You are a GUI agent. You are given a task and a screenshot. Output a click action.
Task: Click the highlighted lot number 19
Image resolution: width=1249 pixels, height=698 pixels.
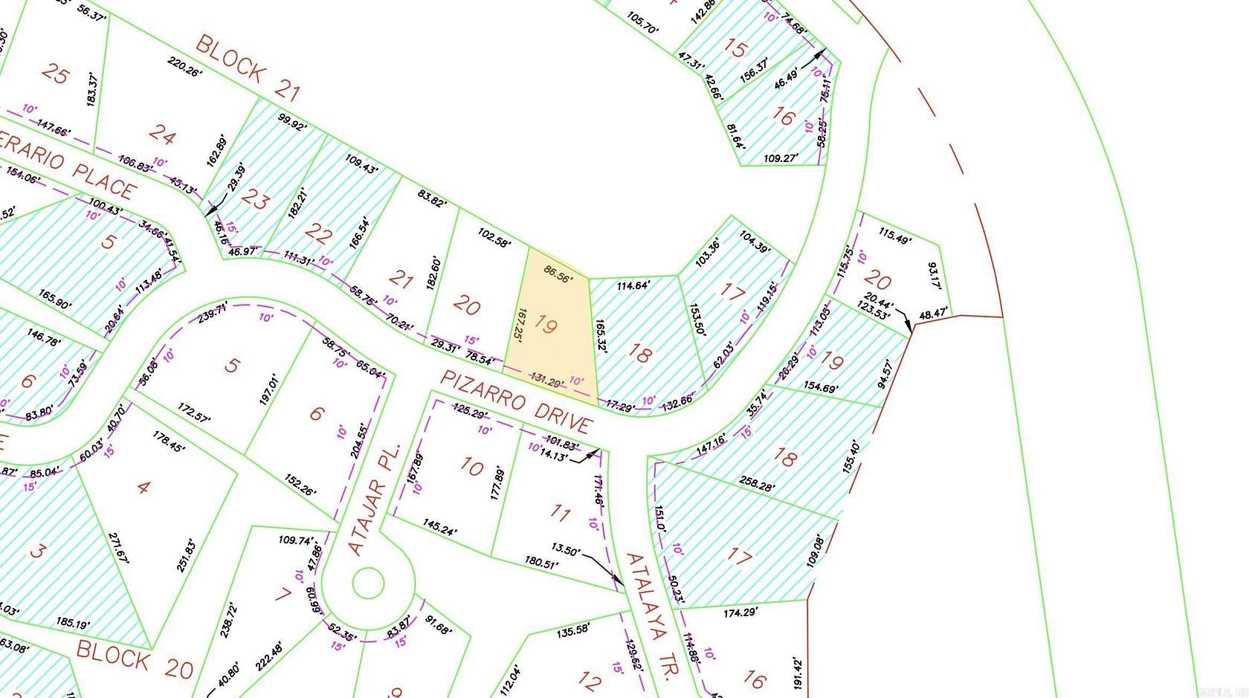pyautogui.click(x=546, y=325)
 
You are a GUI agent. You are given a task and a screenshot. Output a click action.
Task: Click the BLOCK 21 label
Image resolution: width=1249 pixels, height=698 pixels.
pyautogui.click(x=248, y=68)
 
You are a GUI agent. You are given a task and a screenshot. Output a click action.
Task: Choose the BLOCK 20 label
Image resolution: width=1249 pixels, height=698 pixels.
pyautogui.click(x=135, y=659)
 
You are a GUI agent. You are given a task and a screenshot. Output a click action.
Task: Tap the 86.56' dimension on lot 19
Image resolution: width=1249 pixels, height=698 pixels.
pyautogui.click(x=558, y=274)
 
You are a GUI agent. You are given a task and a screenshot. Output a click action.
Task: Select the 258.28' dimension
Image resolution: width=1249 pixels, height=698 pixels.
pyautogui.click(x=757, y=484)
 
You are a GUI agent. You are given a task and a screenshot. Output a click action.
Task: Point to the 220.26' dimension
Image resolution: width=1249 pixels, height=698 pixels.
pyautogui.click(x=184, y=67)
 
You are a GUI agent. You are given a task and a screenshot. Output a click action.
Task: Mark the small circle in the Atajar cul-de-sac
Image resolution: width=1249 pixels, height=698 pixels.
pyautogui.click(x=368, y=584)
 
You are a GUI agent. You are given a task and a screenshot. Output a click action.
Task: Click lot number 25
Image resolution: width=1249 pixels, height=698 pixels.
pyautogui.click(x=56, y=74)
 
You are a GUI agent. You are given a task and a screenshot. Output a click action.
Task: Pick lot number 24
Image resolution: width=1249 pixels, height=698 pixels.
pyautogui.click(x=162, y=133)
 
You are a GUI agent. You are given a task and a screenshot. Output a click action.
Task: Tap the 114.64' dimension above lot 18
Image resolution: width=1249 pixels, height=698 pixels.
pyautogui.click(x=633, y=285)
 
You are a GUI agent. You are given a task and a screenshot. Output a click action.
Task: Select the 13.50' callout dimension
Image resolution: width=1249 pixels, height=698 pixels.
pyautogui.click(x=566, y=550)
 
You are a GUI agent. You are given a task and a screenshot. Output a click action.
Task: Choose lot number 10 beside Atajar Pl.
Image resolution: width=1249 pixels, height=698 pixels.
pyautogui.click(x=471, y=466)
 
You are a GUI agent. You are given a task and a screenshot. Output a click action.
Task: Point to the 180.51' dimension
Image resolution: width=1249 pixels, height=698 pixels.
pyautogui.click(x=540, y=563)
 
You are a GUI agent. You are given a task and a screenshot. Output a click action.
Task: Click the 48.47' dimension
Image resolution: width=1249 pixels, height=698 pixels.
pyautogui.click(x=933, y=314)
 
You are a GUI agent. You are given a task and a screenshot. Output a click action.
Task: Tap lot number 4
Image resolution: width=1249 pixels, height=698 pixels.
pyautogui.click(x=143, y=488)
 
